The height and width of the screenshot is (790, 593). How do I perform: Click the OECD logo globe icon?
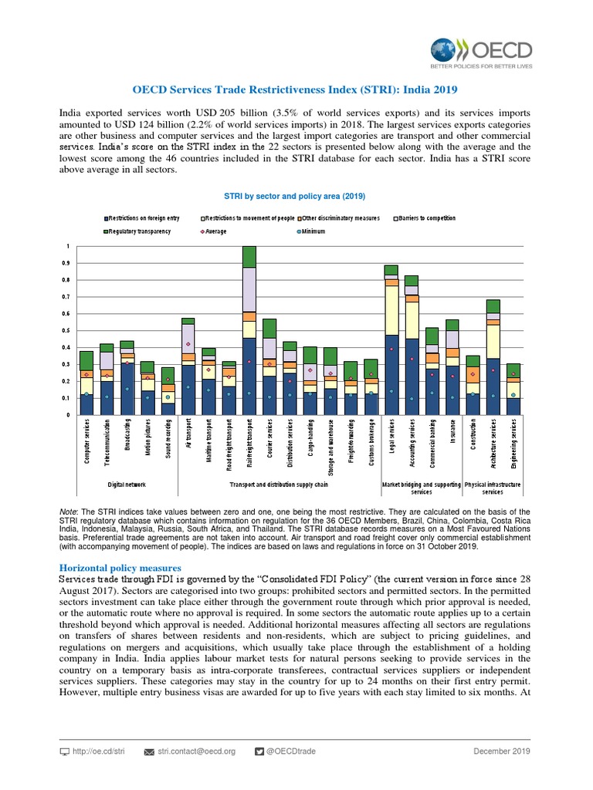(445, 51)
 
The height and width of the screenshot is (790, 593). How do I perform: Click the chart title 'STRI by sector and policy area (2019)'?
(294, 196)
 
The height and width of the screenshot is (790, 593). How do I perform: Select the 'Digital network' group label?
(127, 485)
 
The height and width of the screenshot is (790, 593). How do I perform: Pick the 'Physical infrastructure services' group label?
(493, 488)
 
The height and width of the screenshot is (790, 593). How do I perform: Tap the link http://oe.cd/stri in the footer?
(93, 751)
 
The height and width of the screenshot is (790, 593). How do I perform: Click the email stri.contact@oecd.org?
(196, 751)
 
